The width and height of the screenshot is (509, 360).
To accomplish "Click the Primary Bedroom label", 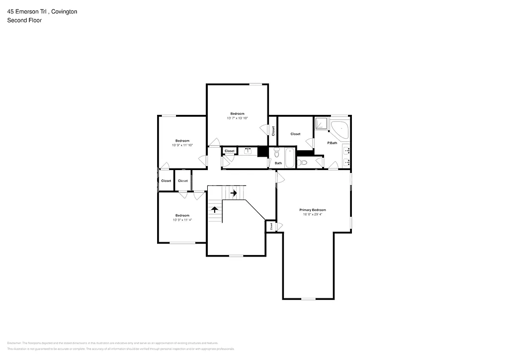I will [312, 210].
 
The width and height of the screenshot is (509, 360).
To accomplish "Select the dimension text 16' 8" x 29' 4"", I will [312, 215].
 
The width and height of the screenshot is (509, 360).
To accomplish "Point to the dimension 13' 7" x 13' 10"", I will [237, 118].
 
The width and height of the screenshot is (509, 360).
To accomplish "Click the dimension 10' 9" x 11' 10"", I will [182, 145].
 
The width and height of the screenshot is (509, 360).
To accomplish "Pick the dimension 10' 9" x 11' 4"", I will [182, 220].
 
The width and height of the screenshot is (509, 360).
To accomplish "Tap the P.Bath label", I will [332, 143].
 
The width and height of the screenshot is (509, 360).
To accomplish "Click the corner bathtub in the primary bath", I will [341, 129].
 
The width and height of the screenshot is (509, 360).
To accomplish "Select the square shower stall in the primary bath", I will [321, 124].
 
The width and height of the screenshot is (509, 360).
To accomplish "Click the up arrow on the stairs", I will [215, 209].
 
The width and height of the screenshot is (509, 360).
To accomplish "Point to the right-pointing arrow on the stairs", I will [234, 193].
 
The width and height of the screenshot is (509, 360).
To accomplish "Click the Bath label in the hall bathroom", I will [278, 163].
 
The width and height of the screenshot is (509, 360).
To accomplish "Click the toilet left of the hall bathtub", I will [277, 152].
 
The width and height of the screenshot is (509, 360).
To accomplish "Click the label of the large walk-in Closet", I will [295, 134].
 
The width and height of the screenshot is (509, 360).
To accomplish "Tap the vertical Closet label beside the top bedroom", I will [273, 131].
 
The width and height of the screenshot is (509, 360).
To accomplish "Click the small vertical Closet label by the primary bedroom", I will [271, 226].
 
